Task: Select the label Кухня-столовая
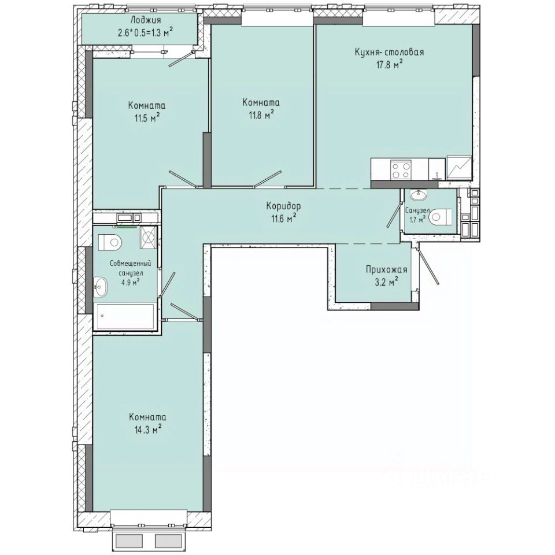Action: [389, 52]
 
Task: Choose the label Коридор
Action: [283, 205]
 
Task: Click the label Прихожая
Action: [386, 269]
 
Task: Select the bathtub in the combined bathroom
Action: [126, 317]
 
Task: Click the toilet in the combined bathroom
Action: [110, 242]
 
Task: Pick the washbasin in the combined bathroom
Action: [101, 286]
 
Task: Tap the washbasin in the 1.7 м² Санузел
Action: [417, 195]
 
